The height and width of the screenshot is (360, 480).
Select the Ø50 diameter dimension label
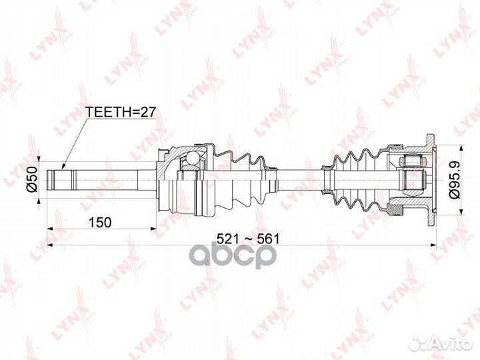(31, 178)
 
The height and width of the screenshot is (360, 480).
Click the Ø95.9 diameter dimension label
(454, 179)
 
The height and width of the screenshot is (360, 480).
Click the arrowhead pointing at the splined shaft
(63, 166)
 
